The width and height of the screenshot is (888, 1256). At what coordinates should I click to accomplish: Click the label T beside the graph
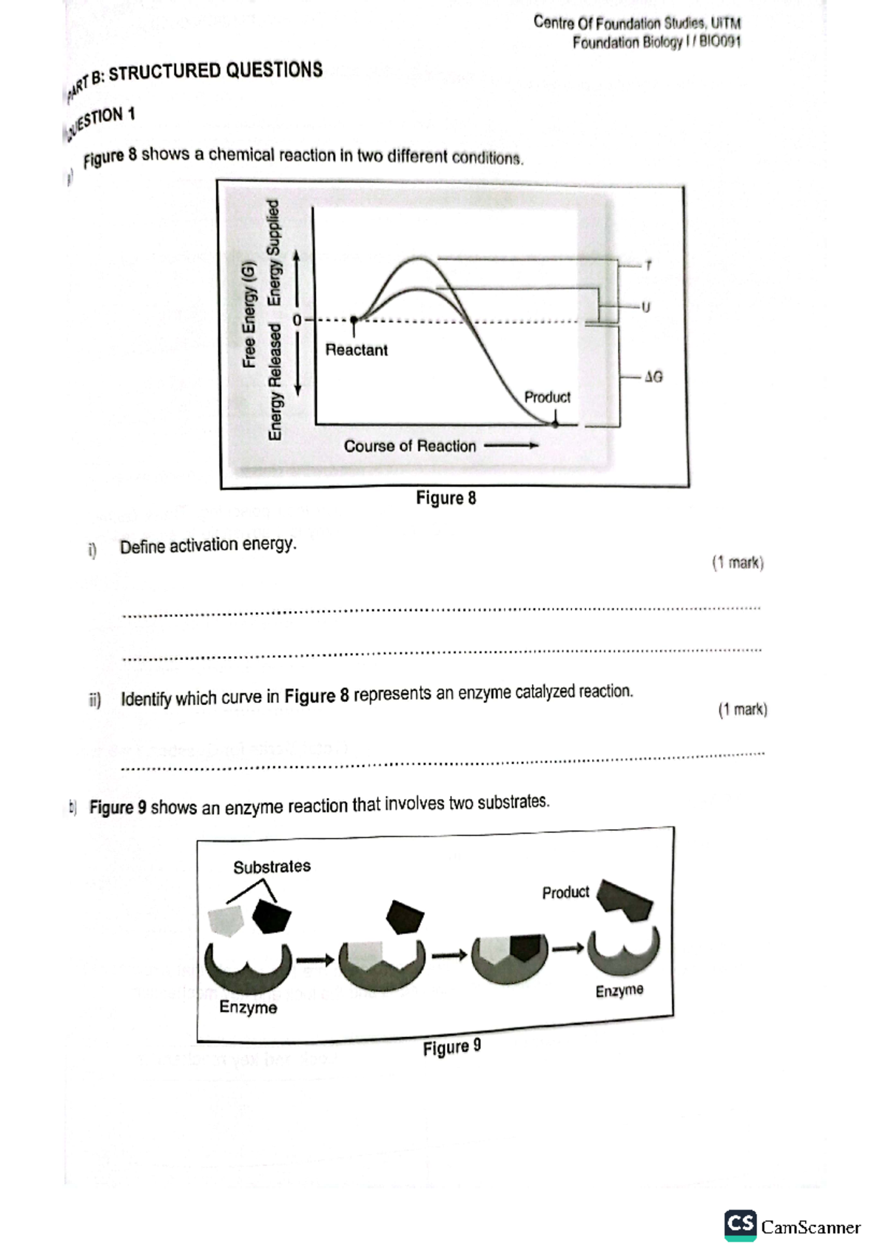pos(648,265)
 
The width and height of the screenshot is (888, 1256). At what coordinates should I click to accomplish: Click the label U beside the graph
pos(646,307)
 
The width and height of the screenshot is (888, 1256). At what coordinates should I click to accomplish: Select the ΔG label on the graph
pos(653,377)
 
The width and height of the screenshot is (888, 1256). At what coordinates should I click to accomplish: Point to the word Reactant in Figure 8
pos(356,350)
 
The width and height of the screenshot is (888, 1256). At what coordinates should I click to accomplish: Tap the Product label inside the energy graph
pos(547,397)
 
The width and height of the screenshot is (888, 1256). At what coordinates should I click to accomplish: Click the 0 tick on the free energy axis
pos(297,321)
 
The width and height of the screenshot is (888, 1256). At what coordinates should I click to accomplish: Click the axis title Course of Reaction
pos(409,446)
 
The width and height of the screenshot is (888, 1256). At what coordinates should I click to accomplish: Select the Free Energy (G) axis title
pos(249,314)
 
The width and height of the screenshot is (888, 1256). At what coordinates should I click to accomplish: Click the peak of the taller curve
pos(420,259)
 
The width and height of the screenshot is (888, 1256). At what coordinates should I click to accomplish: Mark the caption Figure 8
pos(445,498)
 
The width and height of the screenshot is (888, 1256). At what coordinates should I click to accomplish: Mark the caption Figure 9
pos(451,1047)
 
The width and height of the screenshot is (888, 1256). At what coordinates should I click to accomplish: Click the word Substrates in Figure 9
pos(272,866)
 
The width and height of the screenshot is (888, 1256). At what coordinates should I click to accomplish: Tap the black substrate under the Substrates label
pos(271,917)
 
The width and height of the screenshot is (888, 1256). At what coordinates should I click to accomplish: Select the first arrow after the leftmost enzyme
pos(314,960)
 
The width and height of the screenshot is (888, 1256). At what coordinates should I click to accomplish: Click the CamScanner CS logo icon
pos(740,1226)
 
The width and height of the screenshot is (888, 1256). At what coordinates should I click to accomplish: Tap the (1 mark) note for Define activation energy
pos(737,563)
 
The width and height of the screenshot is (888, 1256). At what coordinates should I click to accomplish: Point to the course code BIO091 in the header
pos(719,41)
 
